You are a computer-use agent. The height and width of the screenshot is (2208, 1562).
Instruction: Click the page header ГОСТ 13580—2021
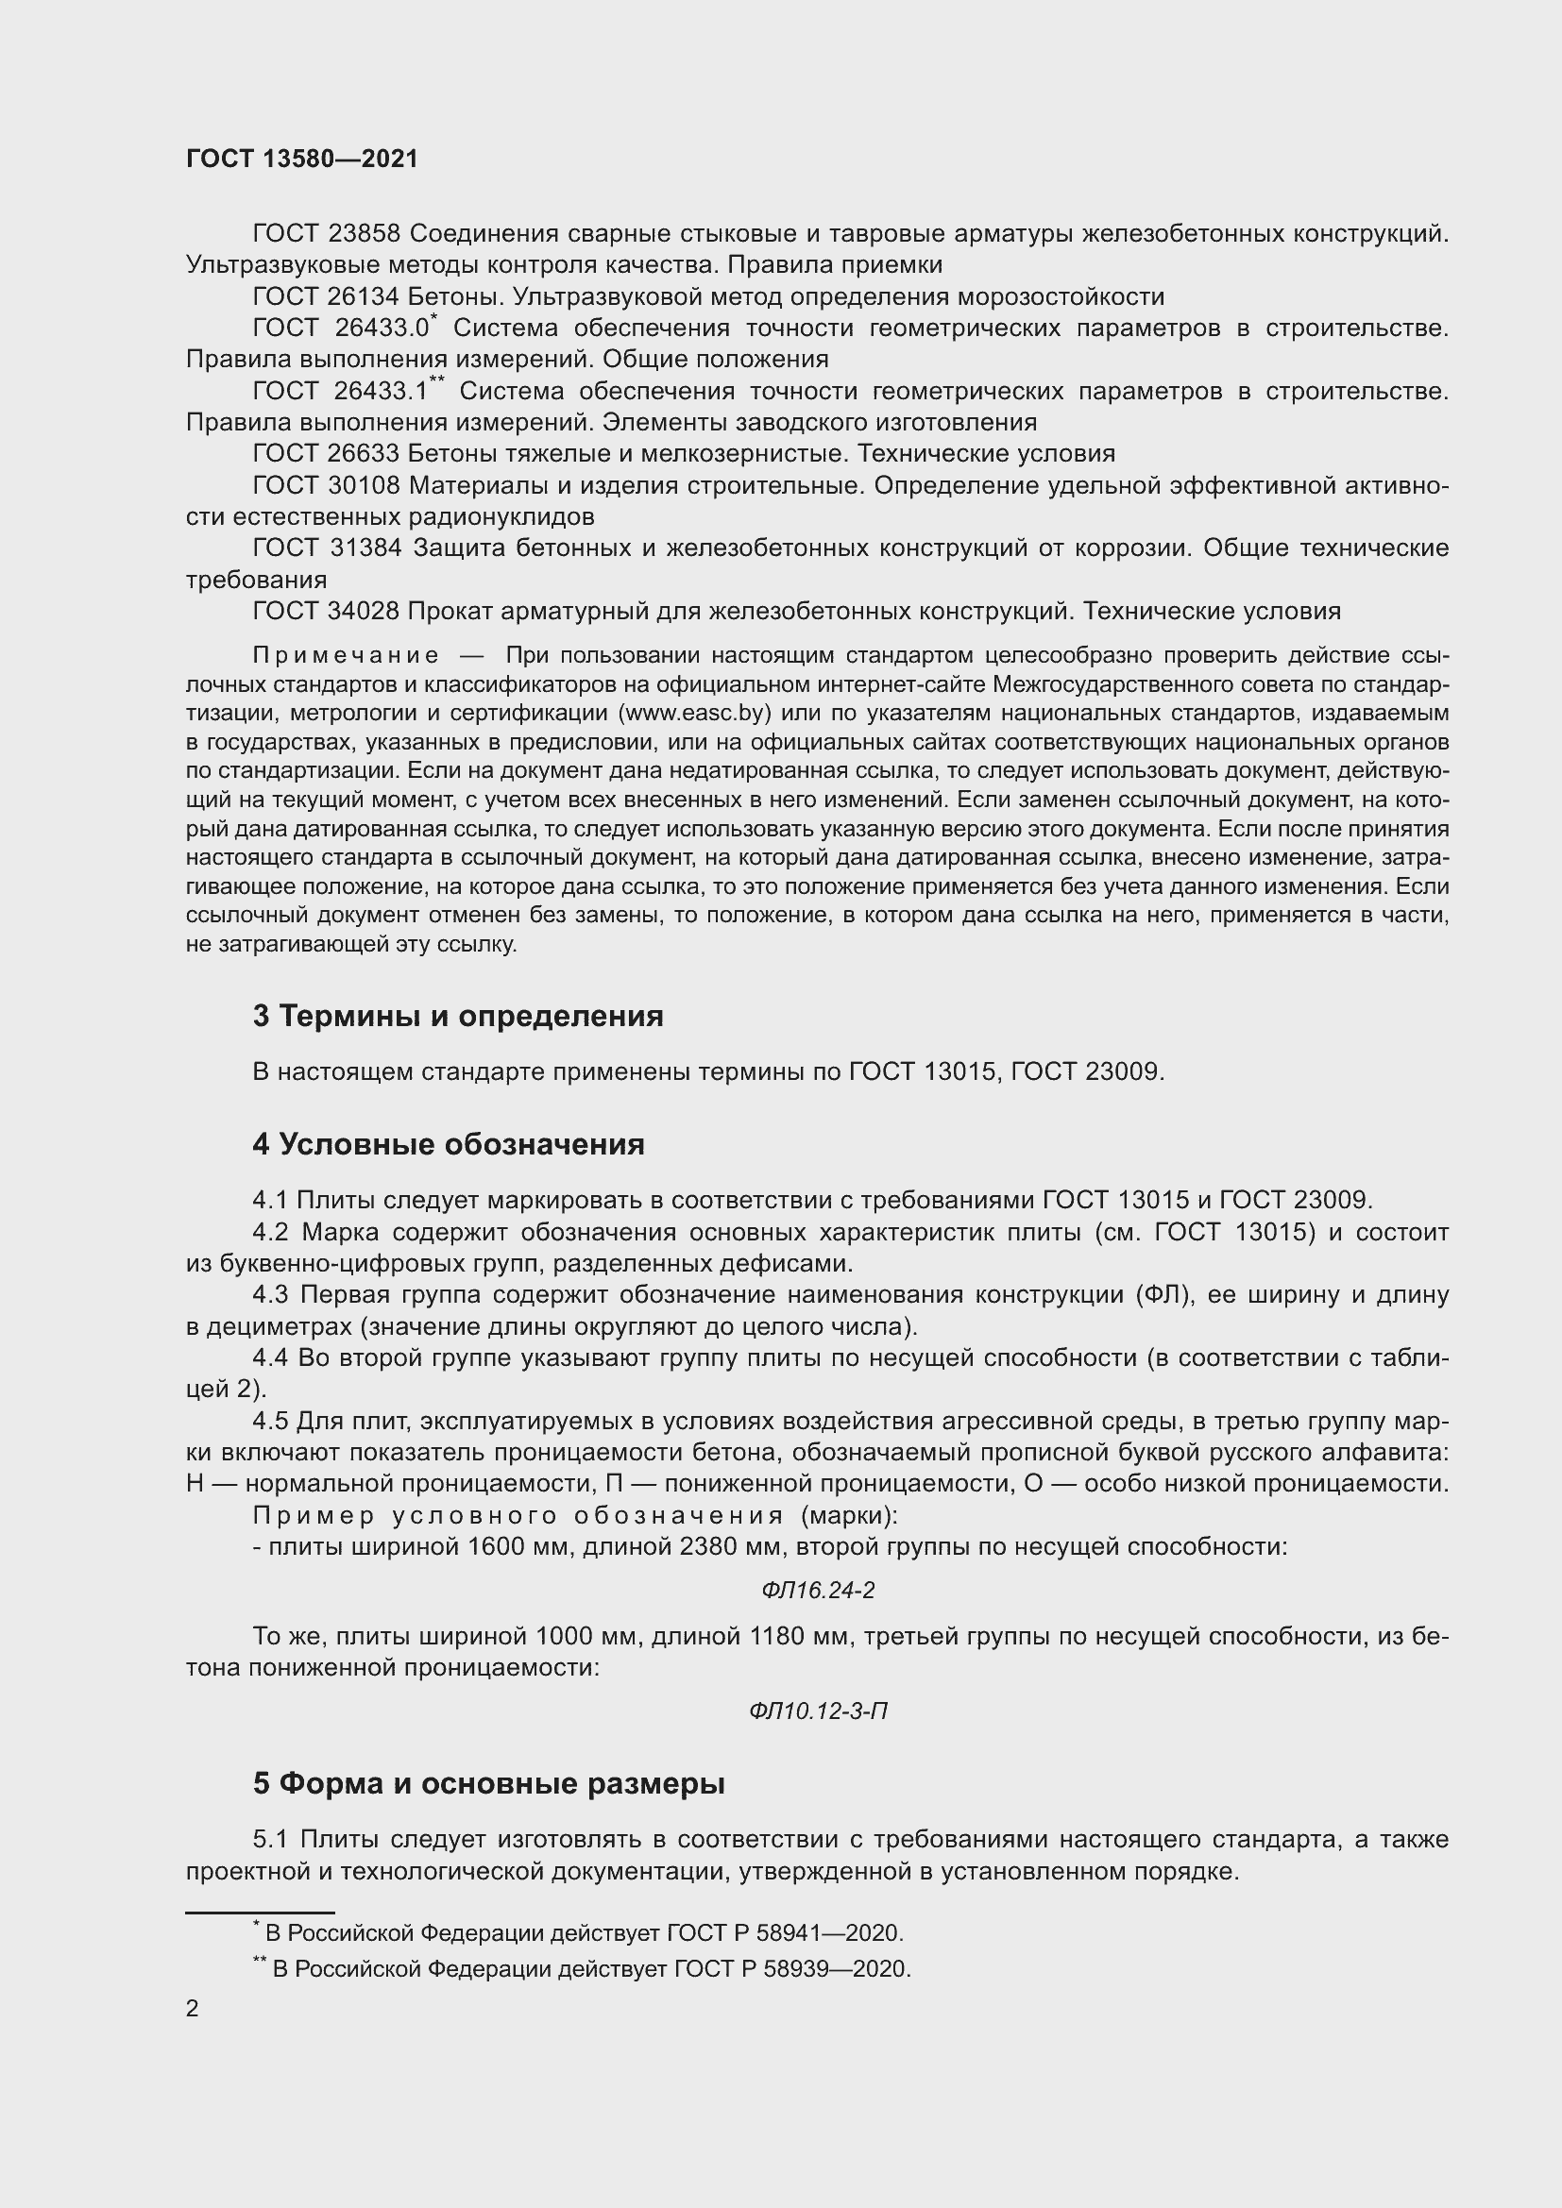click(302, 159)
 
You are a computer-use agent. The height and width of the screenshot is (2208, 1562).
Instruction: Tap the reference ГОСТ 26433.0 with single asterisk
click(343, 328)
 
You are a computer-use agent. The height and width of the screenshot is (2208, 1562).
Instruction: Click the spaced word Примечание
click(346, 656)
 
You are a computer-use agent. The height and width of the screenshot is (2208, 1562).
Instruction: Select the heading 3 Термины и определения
click(458, 1016)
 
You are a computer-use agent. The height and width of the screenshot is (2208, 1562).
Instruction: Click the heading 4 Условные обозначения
click(449, 1144)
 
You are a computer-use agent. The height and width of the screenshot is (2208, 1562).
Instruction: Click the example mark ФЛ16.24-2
click(818, 1591)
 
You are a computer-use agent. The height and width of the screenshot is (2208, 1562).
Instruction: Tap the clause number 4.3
click(270, 1295)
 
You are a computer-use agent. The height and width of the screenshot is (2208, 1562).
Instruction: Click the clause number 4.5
click(270, 1422)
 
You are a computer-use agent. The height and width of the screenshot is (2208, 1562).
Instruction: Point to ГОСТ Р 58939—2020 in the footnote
click(791, 1968)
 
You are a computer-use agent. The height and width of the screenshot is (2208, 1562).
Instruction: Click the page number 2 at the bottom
click(193, 2008)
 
